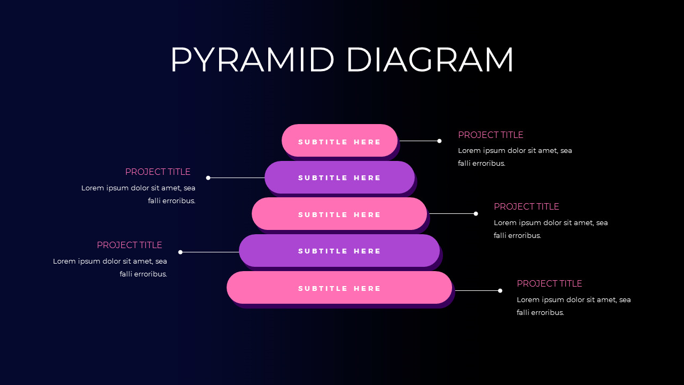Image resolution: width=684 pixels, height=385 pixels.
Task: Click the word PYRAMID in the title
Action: point(252,60)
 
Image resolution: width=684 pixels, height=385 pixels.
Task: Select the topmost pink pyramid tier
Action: point(339,141)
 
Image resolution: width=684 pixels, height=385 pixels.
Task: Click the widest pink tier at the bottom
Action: point(339,288)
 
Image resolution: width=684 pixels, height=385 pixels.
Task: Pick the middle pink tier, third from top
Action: point(339,214)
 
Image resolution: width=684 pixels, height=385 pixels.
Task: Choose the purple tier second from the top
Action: point(339,178)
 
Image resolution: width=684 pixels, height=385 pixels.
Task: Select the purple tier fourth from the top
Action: point(339,251)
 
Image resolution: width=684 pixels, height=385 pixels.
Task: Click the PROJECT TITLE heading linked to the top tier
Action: point(490,135)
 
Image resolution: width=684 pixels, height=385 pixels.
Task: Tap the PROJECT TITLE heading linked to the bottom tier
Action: point(549,283)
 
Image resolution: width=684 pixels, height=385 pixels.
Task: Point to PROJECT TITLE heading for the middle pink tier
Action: point(526,206)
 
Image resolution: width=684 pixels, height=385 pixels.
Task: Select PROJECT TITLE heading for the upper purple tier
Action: point(158,172)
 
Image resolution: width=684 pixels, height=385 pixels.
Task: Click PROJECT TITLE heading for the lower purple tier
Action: point(129,245)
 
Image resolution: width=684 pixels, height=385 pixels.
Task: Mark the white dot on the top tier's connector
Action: point(439,141)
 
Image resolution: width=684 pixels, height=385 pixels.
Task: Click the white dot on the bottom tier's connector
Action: point(500,291)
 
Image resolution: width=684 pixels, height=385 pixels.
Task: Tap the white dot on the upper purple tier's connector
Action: point(208,178)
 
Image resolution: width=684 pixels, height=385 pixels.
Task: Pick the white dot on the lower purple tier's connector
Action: point(181,252)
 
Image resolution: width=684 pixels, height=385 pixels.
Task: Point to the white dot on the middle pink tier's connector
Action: point(476,213)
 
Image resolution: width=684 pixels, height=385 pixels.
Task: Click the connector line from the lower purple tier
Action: point(210,252)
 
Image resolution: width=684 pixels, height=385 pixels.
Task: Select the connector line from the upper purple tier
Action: point(237,178)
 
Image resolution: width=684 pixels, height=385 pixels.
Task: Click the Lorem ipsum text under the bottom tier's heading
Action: point(573,306)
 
